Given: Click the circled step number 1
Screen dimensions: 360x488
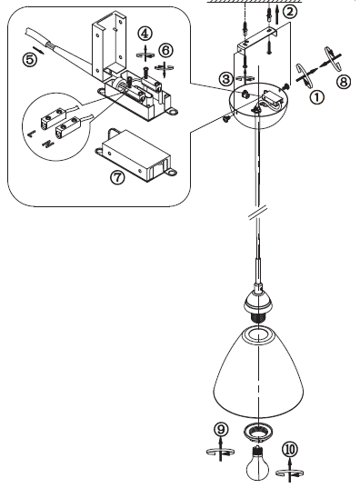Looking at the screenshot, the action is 316,97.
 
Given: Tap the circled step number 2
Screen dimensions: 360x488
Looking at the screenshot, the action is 290,12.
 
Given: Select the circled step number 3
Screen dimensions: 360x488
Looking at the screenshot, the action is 226,79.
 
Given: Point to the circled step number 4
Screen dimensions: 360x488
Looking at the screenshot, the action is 145,34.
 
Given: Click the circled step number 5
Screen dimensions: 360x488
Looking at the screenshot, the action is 30,59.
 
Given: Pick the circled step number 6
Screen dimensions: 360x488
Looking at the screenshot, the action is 165,50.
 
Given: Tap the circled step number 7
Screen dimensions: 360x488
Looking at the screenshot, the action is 117,177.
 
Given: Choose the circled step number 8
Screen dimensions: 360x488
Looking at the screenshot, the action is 344,82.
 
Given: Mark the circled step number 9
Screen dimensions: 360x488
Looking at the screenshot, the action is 221,430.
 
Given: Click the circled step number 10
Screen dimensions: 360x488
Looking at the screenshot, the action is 290,449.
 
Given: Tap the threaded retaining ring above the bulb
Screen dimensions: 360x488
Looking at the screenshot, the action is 257,433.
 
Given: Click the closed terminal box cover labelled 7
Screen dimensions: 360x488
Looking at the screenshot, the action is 136,154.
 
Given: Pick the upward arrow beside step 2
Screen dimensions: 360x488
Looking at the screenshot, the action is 277,15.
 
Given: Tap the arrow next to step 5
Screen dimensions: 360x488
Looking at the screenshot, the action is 38,49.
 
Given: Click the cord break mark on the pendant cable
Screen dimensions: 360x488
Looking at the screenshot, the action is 258,213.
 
